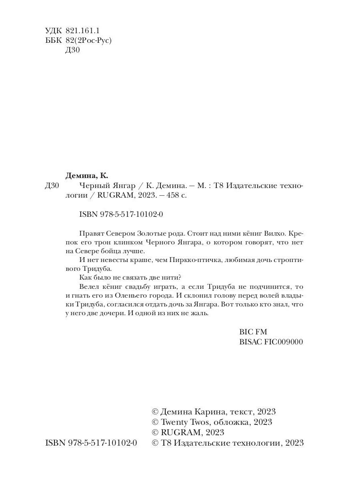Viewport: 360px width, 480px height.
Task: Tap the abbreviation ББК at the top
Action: (x=52, y=40)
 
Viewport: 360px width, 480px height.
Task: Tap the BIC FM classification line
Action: (x=252, y=332)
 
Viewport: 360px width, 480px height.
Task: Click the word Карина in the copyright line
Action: (x=212, y=412)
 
